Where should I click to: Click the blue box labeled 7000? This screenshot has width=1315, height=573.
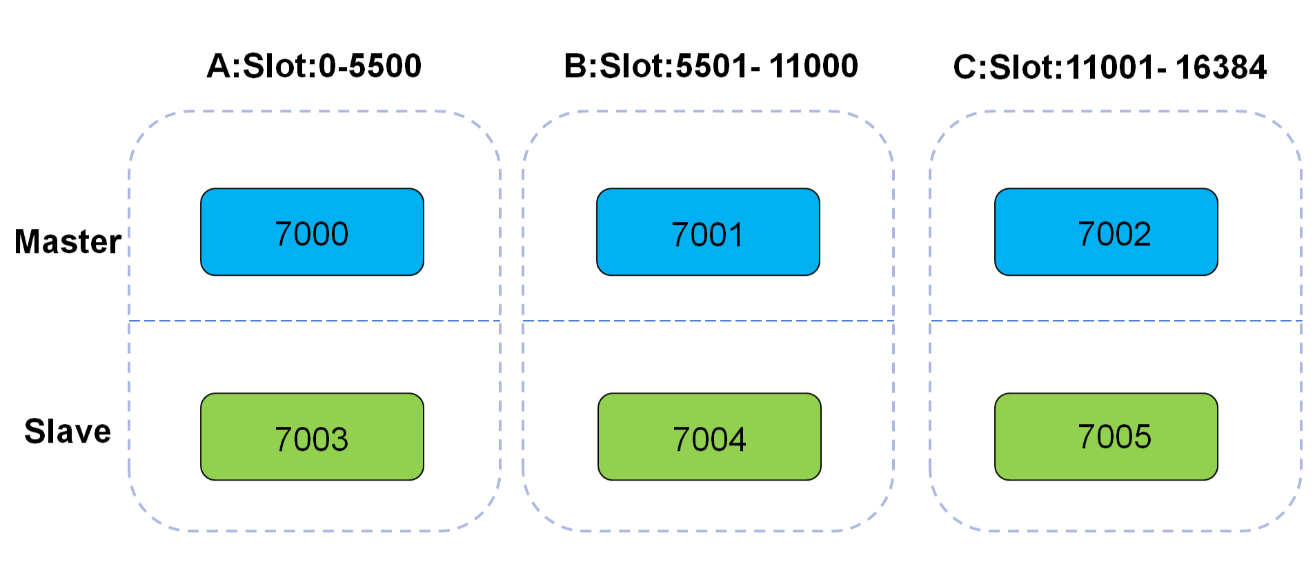[x=312, y=232]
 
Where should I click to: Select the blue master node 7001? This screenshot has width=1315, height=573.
[x=708, y=232]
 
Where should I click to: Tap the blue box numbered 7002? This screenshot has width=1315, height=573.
[x=1106, y=232]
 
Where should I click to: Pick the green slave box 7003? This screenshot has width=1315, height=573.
[x=312, y=437]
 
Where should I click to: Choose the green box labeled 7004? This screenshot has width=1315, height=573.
[x=709, y=437]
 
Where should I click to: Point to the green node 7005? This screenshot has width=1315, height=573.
[x=1106, y=437]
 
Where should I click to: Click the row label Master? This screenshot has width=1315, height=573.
[x=68, y=242]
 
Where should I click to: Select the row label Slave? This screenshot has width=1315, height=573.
[x=68, y=432]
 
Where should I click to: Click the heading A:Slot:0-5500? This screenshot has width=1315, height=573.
[x=314, y=66]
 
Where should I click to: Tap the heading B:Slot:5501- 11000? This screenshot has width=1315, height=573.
[x=711, y=66]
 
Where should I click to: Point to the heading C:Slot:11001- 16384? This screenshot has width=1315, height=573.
[x=1109, y=68]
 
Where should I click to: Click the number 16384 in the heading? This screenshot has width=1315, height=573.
[x=1220, y=68]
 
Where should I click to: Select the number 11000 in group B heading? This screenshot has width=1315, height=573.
[x=813, y=66]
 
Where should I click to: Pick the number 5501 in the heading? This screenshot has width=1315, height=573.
[x=711, y=66]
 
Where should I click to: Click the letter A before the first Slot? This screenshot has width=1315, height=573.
[x=219, y=66]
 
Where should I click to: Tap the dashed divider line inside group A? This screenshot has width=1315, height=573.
[x=314, y=321]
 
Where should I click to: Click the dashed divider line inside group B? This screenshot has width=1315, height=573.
[x=708, y=321]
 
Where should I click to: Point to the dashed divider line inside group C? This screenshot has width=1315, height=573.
[x=1116, y=321]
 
